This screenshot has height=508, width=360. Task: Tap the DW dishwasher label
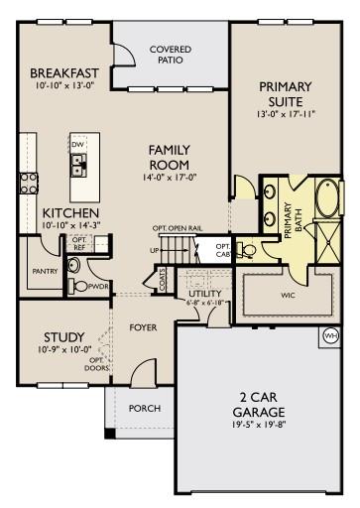77,144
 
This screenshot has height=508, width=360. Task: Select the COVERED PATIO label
171,55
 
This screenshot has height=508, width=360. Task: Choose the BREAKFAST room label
64,73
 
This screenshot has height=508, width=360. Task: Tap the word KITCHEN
70,213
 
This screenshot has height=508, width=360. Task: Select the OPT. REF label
78,242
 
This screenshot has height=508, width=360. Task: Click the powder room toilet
73,266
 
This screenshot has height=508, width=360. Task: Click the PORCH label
145,408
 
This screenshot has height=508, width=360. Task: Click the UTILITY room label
206,294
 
